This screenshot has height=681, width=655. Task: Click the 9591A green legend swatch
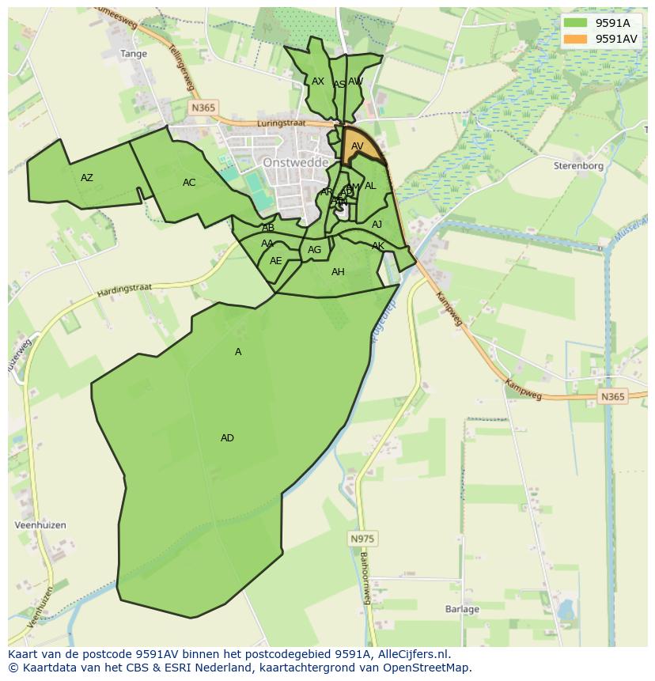coord(575,23)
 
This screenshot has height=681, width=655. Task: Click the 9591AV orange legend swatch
coord(575,38)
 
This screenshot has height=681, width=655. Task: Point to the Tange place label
coord(134,54)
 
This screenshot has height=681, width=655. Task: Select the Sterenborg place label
coord(578,166)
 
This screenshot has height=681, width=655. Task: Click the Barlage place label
coord(462,609)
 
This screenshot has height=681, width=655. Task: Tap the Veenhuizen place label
coord(40,525)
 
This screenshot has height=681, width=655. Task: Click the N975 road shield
coord(363,539)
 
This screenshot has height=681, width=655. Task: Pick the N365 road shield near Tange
coord(204,108)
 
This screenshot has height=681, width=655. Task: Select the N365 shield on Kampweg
coord(611,397)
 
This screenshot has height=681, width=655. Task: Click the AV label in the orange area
coord(358,146)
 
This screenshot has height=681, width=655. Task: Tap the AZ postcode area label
coord(87,178)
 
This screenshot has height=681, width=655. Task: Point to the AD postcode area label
coord(227,438)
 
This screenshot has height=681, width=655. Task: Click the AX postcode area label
coord(318,81)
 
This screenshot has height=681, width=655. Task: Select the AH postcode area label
coord(338,272)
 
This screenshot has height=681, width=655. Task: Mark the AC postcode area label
coord(189,183)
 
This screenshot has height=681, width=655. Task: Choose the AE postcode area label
coord(275,261)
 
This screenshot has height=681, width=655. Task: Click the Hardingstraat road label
coord(124,290)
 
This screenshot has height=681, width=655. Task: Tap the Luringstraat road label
coord(281,124)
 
